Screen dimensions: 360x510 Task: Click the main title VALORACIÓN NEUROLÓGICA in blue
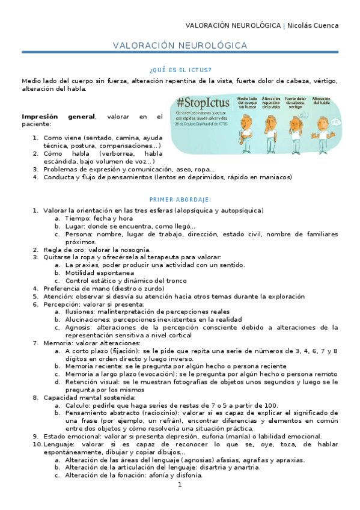click(180, 46)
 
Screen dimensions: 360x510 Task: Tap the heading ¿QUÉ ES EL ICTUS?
click(180, 69)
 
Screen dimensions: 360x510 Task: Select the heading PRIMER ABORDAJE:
click(180, 200)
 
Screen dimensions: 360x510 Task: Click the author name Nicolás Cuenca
click(313, 25)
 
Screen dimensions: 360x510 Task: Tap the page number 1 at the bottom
click(179, 485)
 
